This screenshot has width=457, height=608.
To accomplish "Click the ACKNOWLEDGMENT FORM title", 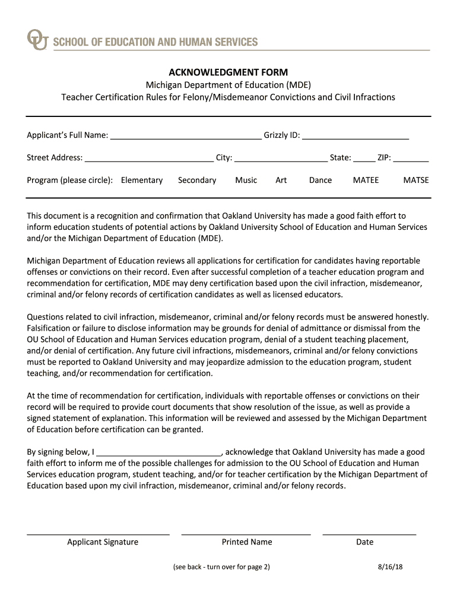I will [228, 72].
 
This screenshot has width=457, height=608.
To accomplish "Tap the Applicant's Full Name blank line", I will [186, 135].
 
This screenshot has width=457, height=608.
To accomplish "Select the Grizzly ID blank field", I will [356, 135].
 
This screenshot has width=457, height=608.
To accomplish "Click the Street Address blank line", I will [149, 158].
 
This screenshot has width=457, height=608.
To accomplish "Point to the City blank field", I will [281, 158].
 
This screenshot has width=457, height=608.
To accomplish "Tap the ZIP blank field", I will [411, 158].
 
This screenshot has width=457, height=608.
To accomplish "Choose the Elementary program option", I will [142, 180].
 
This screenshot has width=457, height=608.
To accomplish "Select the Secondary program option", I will [197, 180].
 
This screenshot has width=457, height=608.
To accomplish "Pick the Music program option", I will [246, 180].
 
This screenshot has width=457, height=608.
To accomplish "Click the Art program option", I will [281, 180].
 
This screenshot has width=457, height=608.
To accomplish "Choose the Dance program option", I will [320, 180].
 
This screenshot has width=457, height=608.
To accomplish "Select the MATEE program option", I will [366, 180].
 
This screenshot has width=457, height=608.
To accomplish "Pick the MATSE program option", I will [416, 180].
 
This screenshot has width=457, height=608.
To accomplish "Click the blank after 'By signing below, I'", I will [159, 452].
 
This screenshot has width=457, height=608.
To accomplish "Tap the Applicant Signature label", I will [103, 541].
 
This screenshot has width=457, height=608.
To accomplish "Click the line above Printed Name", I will [246, 533].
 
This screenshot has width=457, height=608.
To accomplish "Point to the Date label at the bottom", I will [365, 541].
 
